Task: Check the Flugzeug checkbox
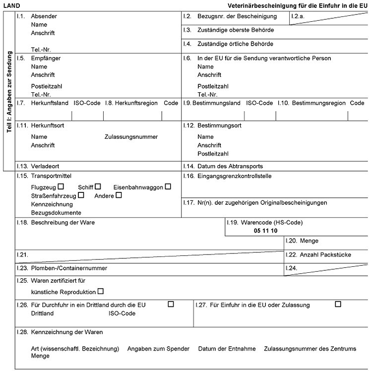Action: coord(61,186)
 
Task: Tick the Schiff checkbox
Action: coord(98,186)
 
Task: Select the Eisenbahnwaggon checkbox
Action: coord(168,186)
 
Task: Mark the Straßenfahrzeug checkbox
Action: coord(81,195)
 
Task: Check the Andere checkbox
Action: coord(119,195)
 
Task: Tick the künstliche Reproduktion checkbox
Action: coord(101,291)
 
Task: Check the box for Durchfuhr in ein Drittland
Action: coord(171,304)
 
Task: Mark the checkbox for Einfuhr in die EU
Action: coord(338,304)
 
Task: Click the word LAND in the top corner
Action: coord(11,5)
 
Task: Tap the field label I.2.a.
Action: coord(298,16)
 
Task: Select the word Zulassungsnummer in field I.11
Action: coord(131,136)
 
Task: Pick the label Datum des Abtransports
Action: coord(230,166)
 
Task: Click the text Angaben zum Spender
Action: coord(158,349)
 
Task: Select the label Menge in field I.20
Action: coord(309,241)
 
